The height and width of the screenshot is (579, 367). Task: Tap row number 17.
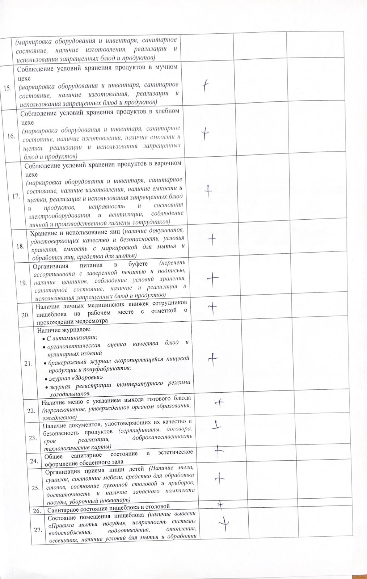(16, 196)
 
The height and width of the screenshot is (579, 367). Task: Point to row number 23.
(33, 438)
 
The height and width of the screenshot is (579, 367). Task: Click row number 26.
(37, 511)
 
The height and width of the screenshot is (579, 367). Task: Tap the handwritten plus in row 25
(219, 478)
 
